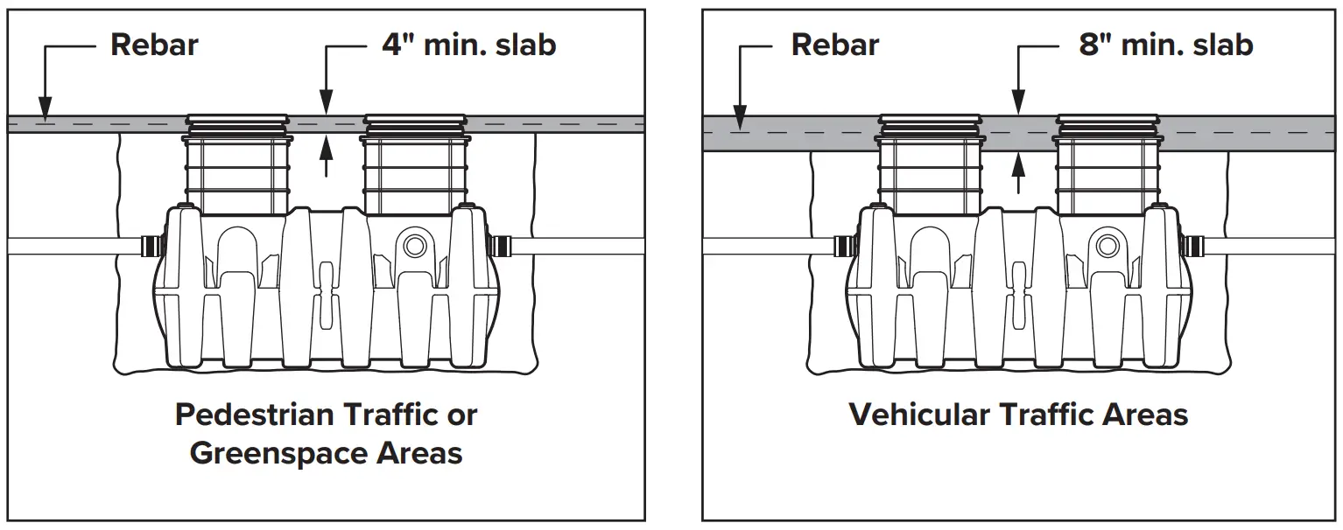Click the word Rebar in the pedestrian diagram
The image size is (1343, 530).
tap(154, 45)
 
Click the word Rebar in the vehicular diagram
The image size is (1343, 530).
tap(834, 45)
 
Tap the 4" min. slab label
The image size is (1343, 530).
tap(468, 45)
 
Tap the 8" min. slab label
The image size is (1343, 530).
tap(1165, 45)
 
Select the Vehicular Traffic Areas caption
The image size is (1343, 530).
tap(1018, 414)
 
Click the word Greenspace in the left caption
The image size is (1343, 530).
tap(278, 454)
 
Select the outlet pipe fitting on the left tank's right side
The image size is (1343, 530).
tap(501, 244)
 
